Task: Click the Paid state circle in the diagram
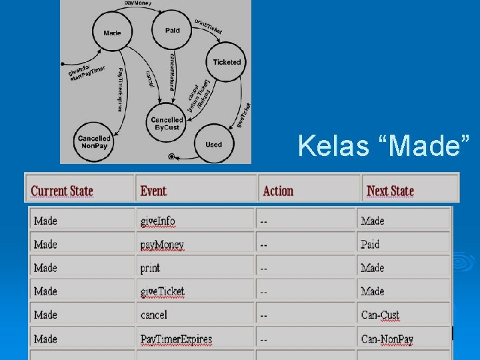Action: coord(172,30)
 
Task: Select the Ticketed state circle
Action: coord(227,62)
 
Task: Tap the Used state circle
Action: coord(213,144)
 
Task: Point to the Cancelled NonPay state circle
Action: coord(94,141)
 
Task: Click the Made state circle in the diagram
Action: coord(113,33)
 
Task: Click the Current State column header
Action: coord(62,191)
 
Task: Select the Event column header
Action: coord(153,191)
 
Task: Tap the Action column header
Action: coord(278,191)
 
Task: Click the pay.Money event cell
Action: coord(162,245)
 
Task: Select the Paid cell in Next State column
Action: coord(370,245)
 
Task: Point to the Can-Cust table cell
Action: coord(380,315)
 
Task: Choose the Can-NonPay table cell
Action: coord(387,339)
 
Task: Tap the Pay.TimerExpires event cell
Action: coord(176,339)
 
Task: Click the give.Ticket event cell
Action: coord(162,291)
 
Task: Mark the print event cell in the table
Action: coord(150,268)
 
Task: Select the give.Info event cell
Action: coord(158,221)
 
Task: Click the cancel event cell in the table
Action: coord(153,315)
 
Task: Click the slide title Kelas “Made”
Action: coord(385,145)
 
